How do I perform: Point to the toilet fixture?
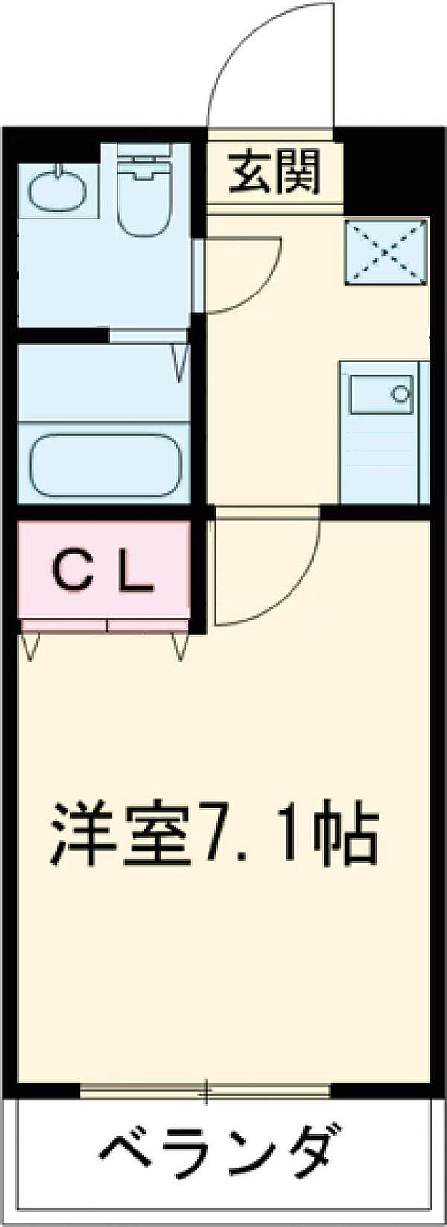click(145, 191)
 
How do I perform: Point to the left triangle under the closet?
click(29, 646)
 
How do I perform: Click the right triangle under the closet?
click(180, 646)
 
